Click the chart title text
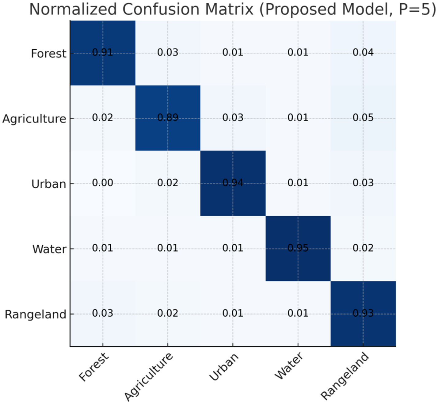pyautogui.click(x=232, y=9)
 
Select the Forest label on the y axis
pyautogui.click(x=48, y=53)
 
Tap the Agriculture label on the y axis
pyautogui.click(x=34, y=119)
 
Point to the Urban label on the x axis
pyautogui.click(x=224, y=367)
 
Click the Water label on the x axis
pyautogui.click(x=289, y=366)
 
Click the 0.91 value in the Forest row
pyautogui.click(x=103, y=53)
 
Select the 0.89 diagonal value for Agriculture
pyautogui.click(x=168, y=118)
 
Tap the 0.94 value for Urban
pyautogui.click(x=233, y=183)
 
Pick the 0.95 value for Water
pyautogui.click(x=298, y=248)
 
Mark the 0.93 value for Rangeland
pyautogui.click(x=363, y=313)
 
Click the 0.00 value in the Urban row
pyautogui.click(x=103, y=183)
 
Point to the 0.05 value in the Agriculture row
pyautogui.click(x=363, y=118)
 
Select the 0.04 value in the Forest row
pyautogui.click(x=363, y=53)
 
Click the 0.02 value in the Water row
pyautogui.click(x=363, y=248)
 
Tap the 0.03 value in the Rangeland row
pyautogui.click(x=103, y=313)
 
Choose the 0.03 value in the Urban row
pyautogui.click(x=363, y=183)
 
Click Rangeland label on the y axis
pyautogui.click(x=35, y=314)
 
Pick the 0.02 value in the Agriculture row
pyautogui.click(x=103, y=118)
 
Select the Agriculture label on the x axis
pyautogui.click(x=149, y=377)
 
